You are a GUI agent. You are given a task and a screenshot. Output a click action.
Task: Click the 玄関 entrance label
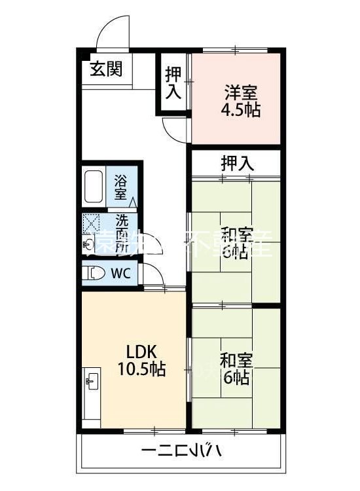point(106,68)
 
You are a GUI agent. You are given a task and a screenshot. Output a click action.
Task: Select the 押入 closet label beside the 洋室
point(173,82)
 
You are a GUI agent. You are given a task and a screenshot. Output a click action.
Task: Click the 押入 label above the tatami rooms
point(236,163)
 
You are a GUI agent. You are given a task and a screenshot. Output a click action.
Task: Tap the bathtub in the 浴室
point(94,187)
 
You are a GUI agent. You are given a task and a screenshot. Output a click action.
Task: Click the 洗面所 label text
point(122,233)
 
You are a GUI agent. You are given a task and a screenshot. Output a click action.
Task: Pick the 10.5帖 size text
point(141,369)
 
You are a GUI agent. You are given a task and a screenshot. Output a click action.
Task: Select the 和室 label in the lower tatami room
point(234,361)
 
